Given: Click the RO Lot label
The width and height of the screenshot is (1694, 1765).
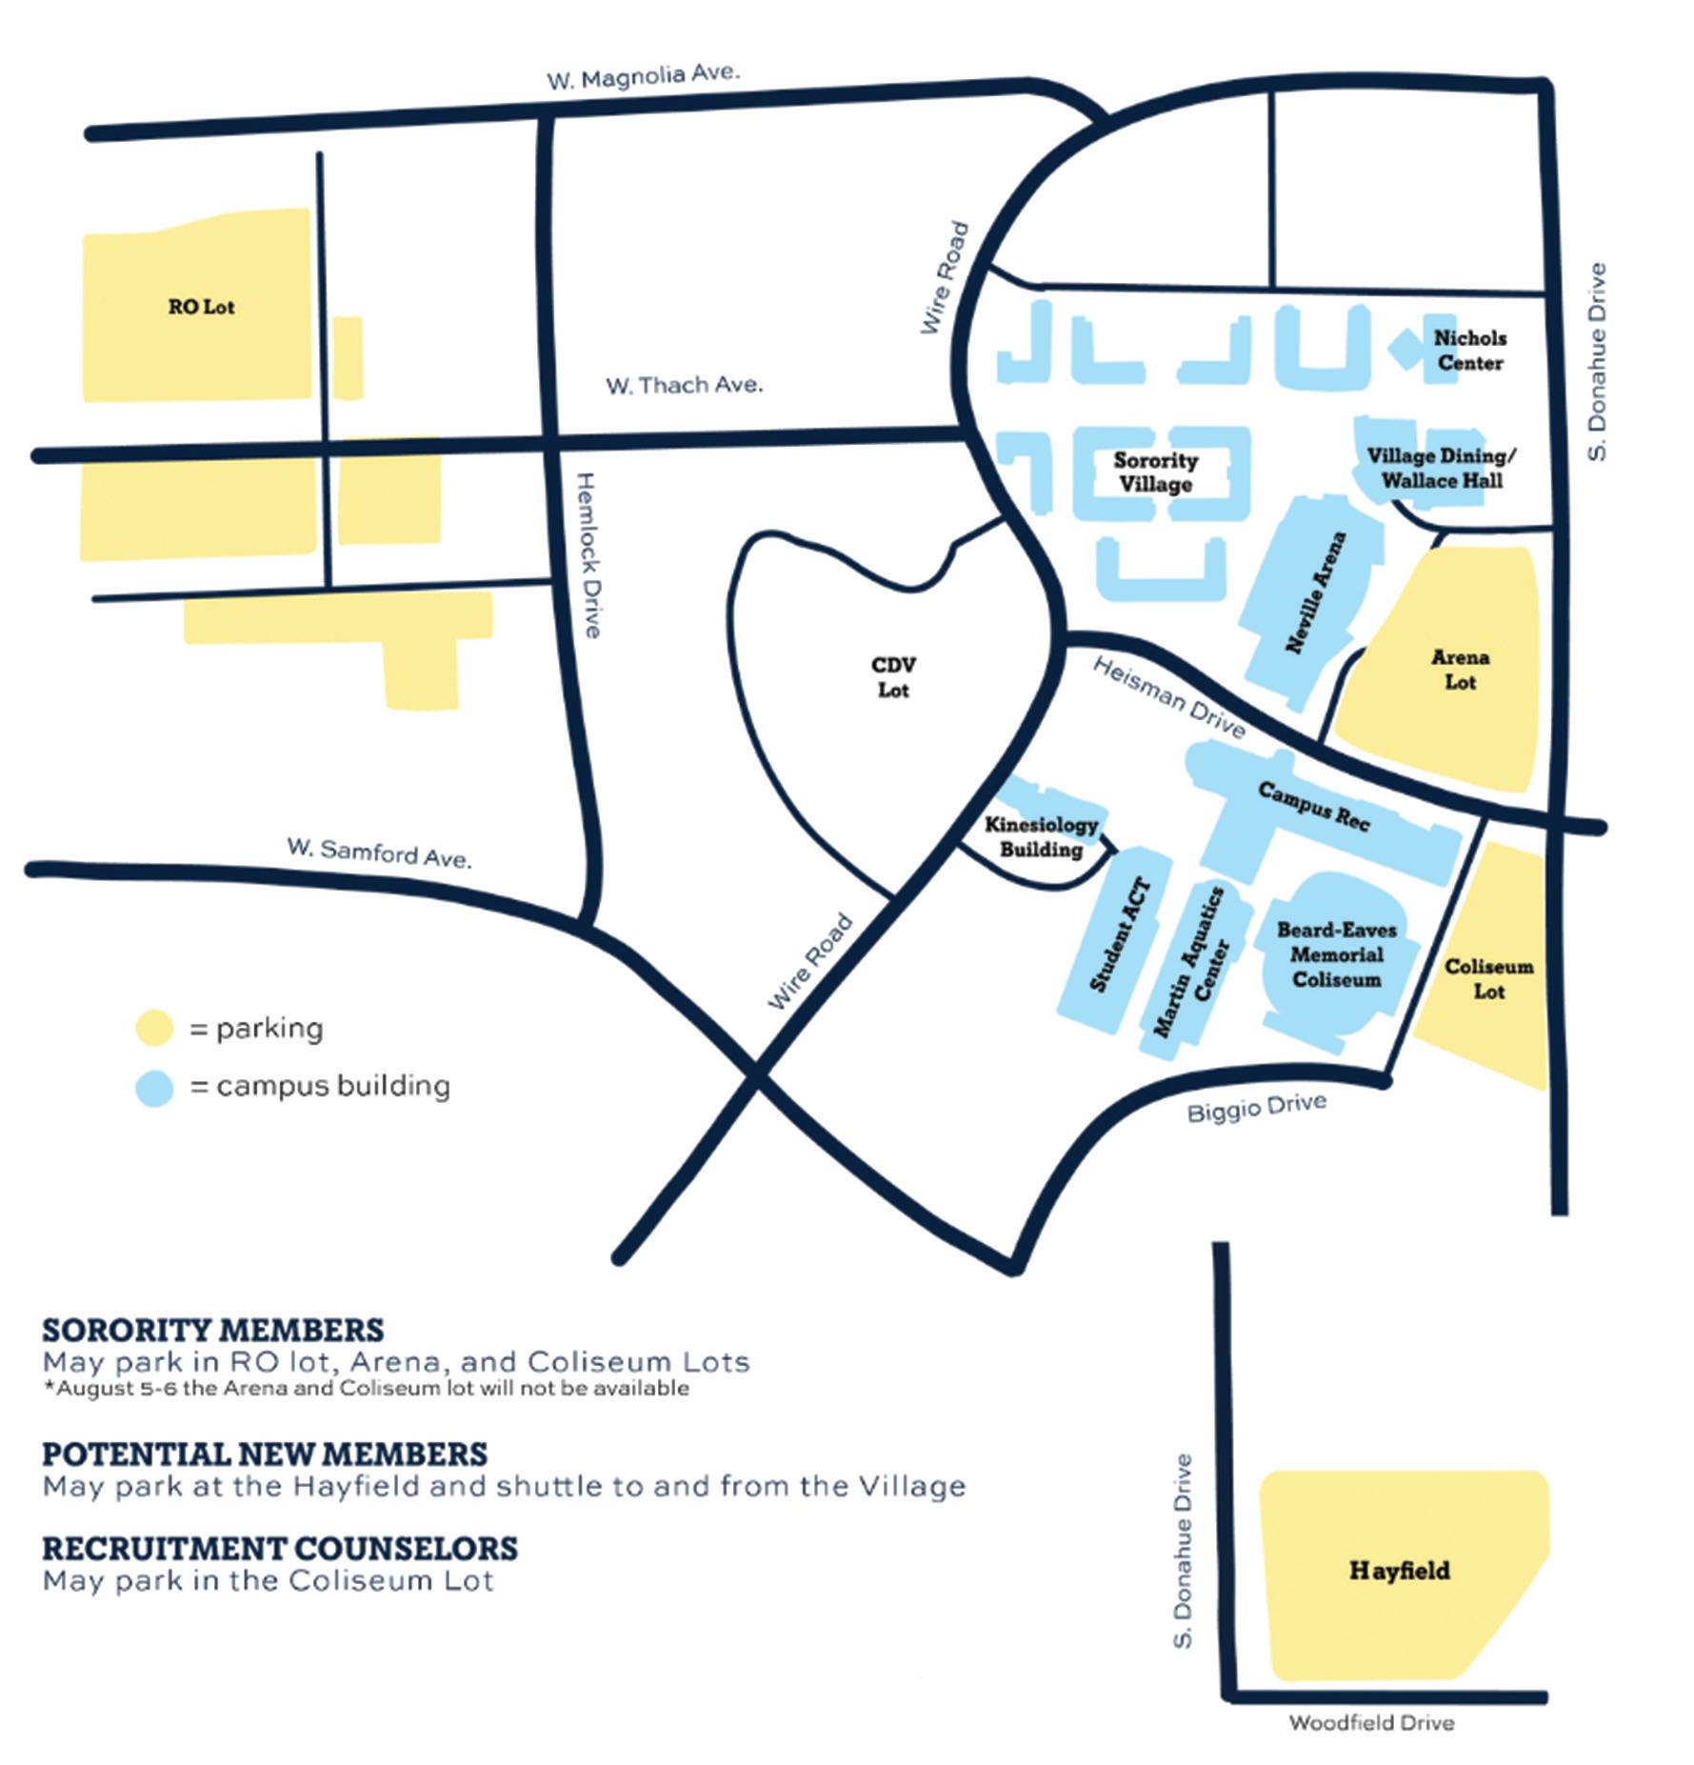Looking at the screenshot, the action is (x=201, y=307).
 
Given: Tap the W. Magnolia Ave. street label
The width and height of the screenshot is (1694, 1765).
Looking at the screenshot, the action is (x=644, y=75).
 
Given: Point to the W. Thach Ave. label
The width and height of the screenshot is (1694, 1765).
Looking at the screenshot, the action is (x=685, y=385).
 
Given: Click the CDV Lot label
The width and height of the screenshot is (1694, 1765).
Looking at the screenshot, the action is (x=893, y=677).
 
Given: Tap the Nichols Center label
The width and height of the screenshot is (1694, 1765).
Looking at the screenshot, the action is (x=1470, y=351).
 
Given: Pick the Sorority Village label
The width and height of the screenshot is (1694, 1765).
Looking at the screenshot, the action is (x=1156, y=472).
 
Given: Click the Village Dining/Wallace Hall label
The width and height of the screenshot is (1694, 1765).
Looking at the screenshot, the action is (x=1442, y=468).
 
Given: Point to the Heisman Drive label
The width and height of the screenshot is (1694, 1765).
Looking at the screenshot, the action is (x=1168, y=698).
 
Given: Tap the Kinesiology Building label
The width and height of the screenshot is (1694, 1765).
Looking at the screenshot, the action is (x=1041, y=836).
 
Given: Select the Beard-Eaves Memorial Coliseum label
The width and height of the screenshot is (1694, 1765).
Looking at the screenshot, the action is (x=1336, y=954).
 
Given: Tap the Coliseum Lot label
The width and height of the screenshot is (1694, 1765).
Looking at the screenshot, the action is (x=1489, y=979).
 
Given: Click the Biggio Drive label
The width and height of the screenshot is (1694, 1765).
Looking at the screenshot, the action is (x=1256, y=1108).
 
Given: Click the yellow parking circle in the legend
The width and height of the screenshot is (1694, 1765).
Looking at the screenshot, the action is (x=154, y=1029).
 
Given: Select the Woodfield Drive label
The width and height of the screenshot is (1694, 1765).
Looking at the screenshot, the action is (x=1371, y=1722).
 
